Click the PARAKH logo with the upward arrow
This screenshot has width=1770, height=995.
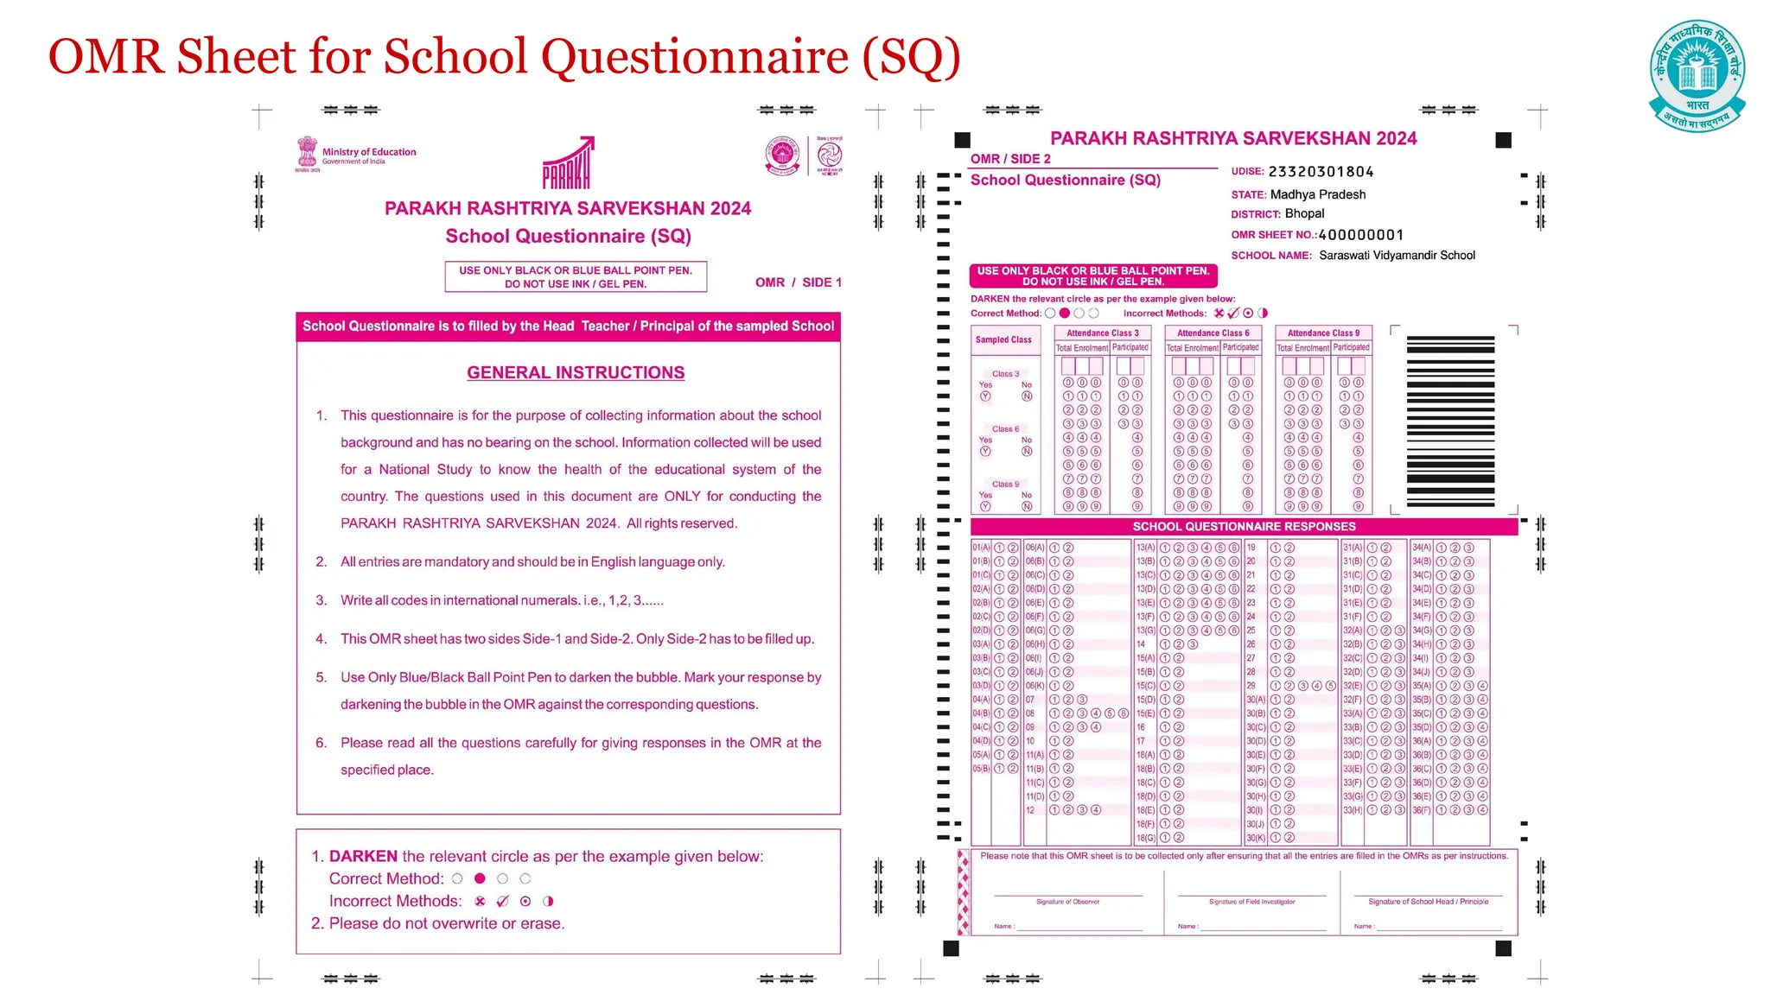pyautogui.click(x=568, y=164)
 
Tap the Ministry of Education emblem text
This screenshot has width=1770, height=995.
pyautogui.click(x=368, y=155)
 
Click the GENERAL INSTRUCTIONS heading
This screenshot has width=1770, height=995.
pyautogui.click(x=576, y=372)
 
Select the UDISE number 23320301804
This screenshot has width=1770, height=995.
pyautogui.click(x=1321, y=172)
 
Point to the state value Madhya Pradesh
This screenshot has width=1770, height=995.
pyautogui.click(x=1317, y=194)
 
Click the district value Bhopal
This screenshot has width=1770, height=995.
pyautogui.click(x=1303, y=213)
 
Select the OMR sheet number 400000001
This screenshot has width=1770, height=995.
pyautogui.click(x=1360, y=235)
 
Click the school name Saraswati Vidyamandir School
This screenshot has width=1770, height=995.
pyautogui.click(x=1397, y=256)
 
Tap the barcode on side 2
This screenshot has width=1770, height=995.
pyautogui.click(x=1450, y=421)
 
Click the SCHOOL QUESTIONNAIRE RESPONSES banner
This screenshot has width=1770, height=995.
pyautogui.click(x=1244, y=526)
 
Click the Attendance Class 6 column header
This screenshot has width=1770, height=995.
pyautogui.click(x=1213, y=333)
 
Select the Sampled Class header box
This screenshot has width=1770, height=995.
pyautogui.click(x=1003, y=339)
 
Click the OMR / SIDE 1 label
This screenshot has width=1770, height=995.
pyautogui.click(x=798, y=282)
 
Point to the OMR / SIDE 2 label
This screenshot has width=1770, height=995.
pyautogui.click(x=1010, y=159)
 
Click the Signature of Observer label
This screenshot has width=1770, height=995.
pyautogui.click(x=1067, y=902)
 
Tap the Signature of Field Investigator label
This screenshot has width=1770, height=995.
pyautogui.click(x=1251, y=902)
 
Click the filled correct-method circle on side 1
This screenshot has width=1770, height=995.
pyautogui.click(x=480, y=878)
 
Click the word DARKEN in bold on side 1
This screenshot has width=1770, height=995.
pyautogui.click(x=363, y=856)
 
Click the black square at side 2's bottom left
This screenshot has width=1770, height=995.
pyautogui.click(x=951, y=948)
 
